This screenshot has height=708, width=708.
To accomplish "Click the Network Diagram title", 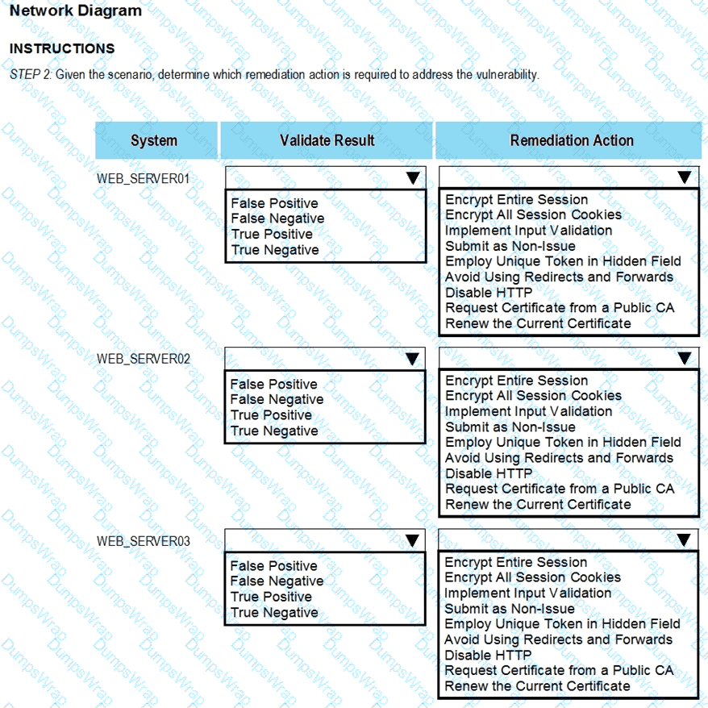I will [x=76, y=11].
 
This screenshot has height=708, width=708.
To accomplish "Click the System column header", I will [x=154, y=140].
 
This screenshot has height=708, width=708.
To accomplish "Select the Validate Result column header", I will [x=327, y=140].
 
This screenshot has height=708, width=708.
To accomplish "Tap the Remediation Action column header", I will [x=571, y=140].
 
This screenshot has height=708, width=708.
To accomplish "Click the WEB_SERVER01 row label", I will [x=144, y=178].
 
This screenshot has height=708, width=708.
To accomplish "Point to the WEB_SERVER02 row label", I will [x=144, y=359].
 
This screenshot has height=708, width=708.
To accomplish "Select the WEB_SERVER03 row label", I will [x=144, y=541].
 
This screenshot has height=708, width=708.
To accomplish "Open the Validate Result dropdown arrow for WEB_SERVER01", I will [x=412, y=178].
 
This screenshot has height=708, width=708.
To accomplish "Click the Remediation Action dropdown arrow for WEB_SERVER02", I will [x=685, y=358].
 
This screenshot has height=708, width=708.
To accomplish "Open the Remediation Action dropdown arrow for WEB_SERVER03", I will [x=685, y=540].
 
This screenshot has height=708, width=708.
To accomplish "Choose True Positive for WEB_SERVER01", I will [x=271, y=234].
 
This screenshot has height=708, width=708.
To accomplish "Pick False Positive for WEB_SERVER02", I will [x=273, y=384].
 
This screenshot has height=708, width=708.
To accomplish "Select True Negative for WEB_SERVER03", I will [x=274, y=612].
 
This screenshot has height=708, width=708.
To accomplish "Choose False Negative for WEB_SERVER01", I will [x=277, y=219].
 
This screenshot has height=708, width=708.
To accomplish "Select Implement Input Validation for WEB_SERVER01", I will [x=528, y=231].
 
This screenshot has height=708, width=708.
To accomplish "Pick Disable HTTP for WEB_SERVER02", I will [x=489, y=473].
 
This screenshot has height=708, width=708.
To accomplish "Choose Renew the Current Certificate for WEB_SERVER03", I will [x=537, y=686].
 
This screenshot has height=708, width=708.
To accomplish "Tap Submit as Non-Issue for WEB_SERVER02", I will [x=510, y=427].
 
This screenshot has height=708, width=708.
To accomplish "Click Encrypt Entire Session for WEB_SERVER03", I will [x=516, y=562].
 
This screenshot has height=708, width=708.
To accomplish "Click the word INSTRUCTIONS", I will [x=62, y=48].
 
